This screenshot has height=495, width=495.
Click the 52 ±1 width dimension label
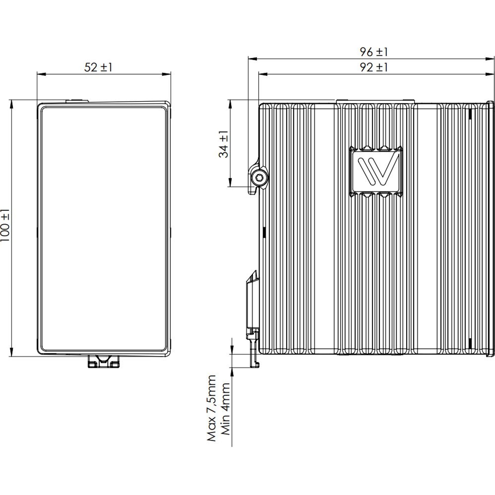point(98,68)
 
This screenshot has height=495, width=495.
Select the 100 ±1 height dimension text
point(5,225)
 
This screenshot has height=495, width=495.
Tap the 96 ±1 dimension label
point(374,52)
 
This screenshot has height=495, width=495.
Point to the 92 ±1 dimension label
point(374,68)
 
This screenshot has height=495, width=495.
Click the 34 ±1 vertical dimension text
point(224,144)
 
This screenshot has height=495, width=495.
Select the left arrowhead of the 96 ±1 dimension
point(251,59)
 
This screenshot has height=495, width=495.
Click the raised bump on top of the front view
point(77,101)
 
